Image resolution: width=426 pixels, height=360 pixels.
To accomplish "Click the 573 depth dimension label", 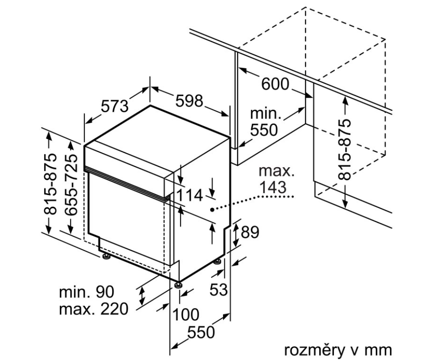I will [x=114, y=106].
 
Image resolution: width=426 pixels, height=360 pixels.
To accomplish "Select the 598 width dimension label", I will [x=189, y=101].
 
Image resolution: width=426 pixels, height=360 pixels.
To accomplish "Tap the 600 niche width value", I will [x=275, y=84].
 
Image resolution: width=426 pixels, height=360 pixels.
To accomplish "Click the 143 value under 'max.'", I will [x=272, y=187].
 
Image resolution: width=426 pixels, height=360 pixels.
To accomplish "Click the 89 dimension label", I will [x=249, y=232].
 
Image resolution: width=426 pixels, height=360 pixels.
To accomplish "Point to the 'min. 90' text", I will [x=86, y=292].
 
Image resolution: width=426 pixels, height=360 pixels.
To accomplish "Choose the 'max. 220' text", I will [x=93, y=310].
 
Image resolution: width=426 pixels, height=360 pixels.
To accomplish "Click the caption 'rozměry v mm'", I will [x=338, y=350].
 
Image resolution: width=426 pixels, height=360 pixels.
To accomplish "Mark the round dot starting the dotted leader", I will [x=212, y=209].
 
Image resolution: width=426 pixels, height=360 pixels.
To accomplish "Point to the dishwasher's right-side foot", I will [x=218, y=262].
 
